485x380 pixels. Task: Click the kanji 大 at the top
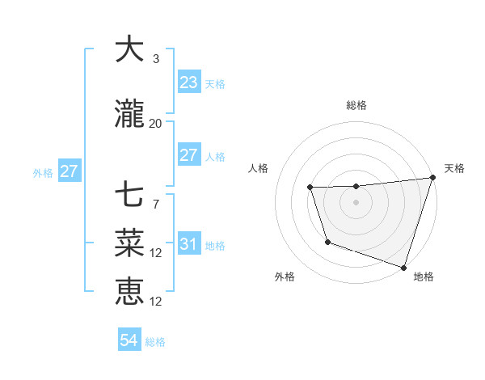[x=129, y=49]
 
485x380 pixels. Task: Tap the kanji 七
[x=129, y=195]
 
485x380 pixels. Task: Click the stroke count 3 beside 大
[x=156, y=59]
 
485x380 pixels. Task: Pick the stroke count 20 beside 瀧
[x=156, y=124]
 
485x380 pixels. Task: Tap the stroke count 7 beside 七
[x=156, y=205]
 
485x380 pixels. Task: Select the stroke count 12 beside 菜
[x=156, y=253]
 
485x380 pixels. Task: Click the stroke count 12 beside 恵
[x=156, y=302]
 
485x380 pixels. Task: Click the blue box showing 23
[x=188, y=82]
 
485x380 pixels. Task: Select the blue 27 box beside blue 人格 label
[x=188, y=155]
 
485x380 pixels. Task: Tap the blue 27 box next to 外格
[x=69, y=171]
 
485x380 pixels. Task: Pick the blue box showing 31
[x=188, y=244]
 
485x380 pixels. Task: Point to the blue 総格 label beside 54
[x=156, y=342]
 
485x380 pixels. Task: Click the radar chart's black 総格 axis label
[x=356, y=105]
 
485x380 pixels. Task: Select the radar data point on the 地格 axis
[x=403, y=267]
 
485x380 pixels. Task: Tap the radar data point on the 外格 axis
[x=327, y=242]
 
